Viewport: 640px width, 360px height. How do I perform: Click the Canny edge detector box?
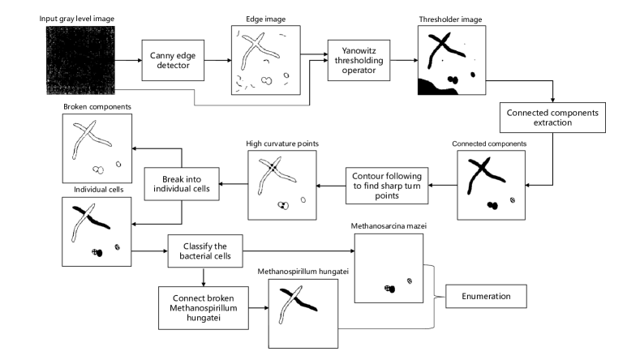(173, 61)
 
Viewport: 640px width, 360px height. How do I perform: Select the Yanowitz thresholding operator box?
(359, 61)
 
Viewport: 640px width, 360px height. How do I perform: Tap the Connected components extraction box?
(552, 118)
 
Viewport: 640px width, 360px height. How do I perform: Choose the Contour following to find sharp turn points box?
(387, 186)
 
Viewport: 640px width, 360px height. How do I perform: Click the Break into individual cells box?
(182, 184)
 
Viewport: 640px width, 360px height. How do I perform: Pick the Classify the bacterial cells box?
(205, 251)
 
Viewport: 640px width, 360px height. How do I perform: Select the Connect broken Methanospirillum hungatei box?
(204, 308)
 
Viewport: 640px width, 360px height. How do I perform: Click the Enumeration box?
(486, 296)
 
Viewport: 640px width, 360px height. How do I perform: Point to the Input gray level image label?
(77, 19)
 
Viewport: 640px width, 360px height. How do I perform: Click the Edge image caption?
(266, 19)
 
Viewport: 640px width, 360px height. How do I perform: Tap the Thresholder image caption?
(451, 19)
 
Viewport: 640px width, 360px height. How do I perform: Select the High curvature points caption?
(282, 144)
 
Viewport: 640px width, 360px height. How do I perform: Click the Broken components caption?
(97, 107)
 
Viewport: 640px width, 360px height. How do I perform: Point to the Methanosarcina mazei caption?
(389, 226)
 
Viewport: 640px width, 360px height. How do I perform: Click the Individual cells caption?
(98, 190)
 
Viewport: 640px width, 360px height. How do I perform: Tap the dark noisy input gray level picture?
(80, 61)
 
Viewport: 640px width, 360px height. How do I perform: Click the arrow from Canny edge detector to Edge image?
(218, 61)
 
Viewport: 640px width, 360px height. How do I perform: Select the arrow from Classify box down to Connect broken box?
(204, 276)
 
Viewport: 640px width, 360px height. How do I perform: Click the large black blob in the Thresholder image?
(436, 87)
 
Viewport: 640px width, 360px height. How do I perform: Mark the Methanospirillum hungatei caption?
(303, 272)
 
